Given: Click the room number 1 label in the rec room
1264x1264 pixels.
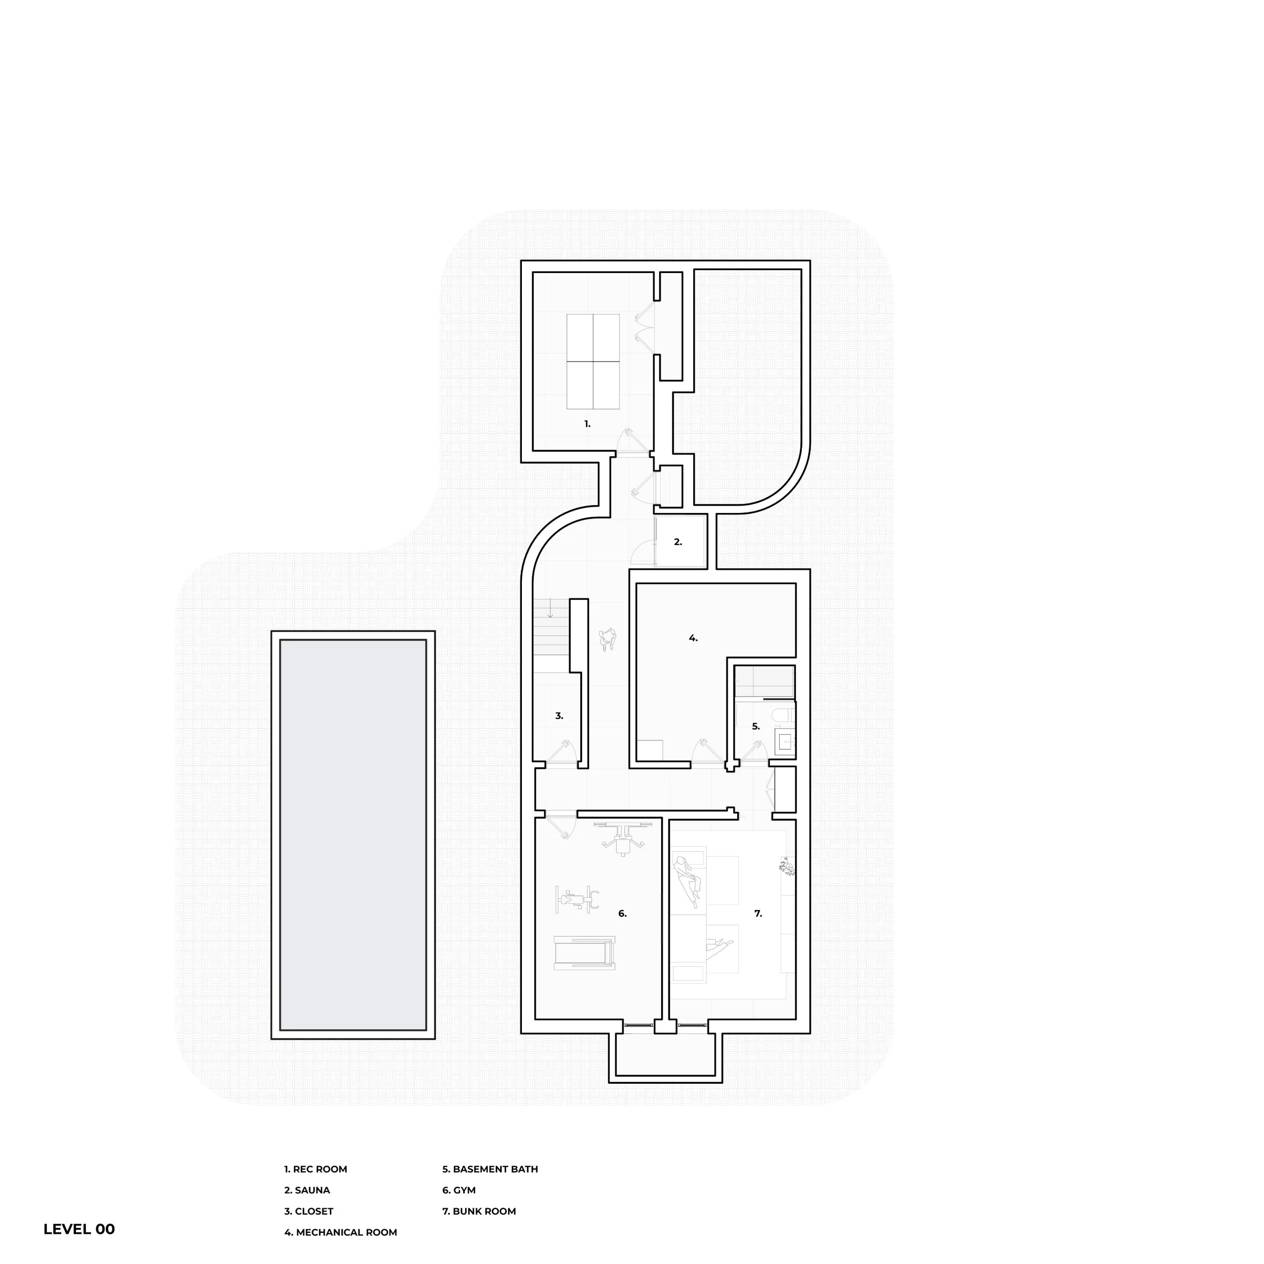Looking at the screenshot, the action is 587,424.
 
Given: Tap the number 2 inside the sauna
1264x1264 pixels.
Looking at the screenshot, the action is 678,542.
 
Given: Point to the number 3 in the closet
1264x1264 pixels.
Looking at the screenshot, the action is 559,716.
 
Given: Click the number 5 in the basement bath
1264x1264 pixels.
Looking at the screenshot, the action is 755,726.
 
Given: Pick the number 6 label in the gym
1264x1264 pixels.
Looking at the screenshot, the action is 622,913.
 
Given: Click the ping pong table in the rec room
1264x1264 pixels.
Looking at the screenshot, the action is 592,362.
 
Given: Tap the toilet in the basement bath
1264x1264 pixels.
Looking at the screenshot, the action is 783,715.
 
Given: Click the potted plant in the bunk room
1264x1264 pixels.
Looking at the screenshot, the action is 787,868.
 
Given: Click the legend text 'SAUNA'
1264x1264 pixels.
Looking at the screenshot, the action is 312,1190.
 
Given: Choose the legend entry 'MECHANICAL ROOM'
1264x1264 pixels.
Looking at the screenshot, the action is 346,1232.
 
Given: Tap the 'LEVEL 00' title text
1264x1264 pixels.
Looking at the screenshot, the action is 79,1229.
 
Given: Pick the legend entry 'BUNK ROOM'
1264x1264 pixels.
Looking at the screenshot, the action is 484,1211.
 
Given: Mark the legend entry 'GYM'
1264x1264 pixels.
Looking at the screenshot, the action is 464,1190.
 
